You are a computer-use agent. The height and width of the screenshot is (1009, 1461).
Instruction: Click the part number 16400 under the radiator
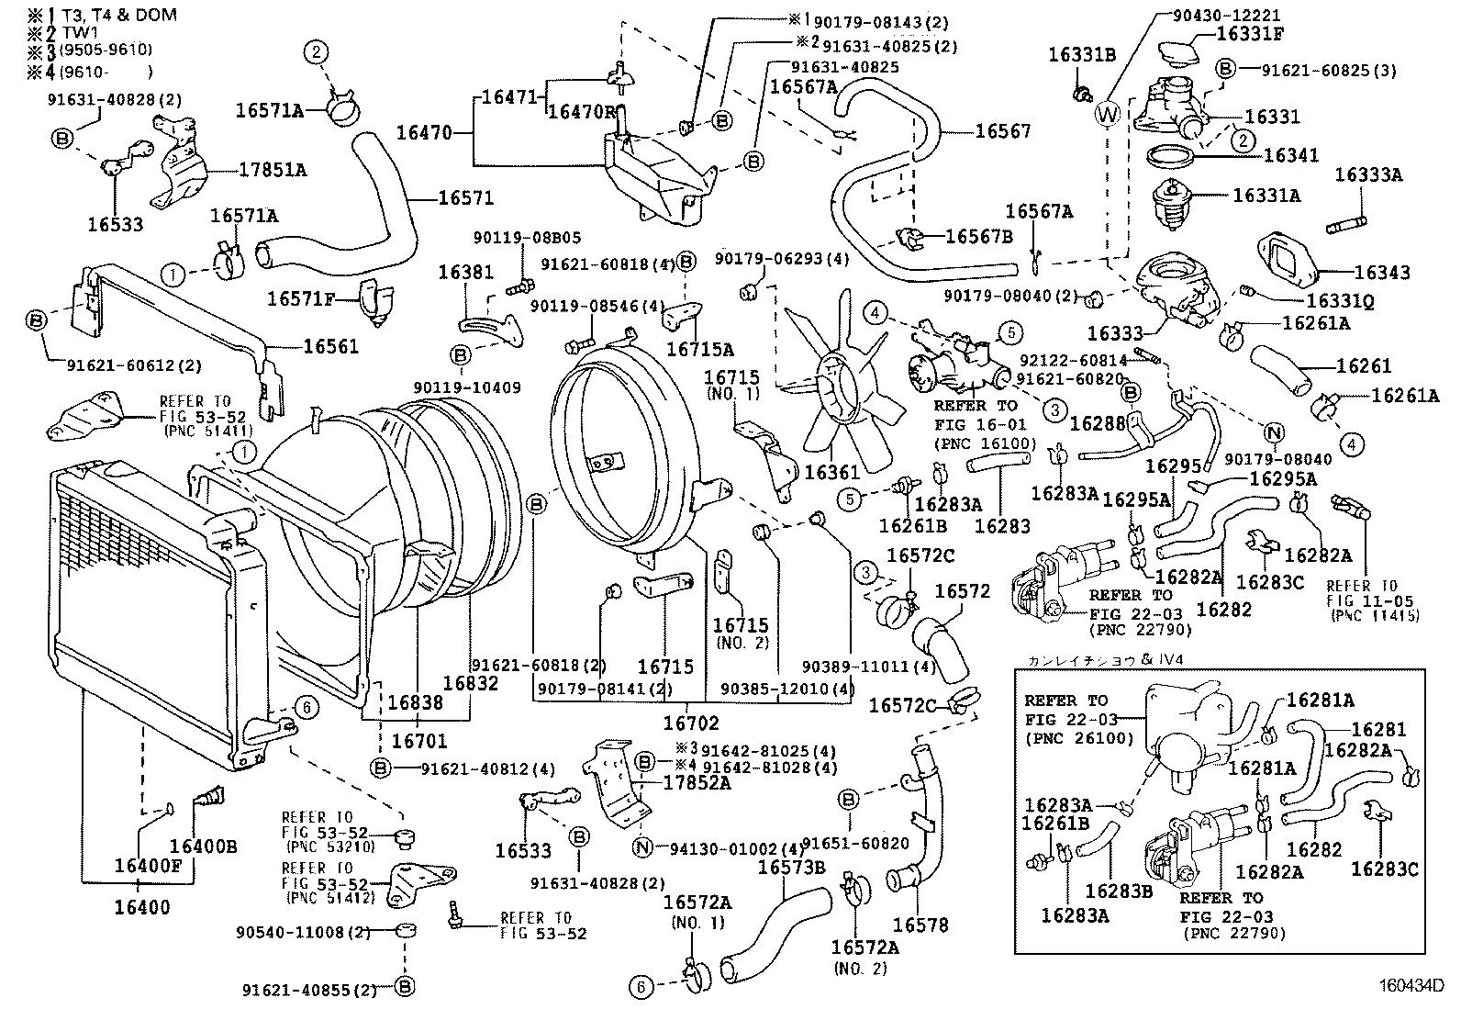(x=142, y=908)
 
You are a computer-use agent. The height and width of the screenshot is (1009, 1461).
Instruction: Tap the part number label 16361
(x=832, y=472)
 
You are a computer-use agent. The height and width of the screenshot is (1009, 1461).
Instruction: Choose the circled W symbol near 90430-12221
(x=1108, y=114)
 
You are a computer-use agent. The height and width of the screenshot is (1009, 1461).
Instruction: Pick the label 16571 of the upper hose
(x=465, y=197)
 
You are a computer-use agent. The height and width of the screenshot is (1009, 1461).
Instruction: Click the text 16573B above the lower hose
(x=792, y=866)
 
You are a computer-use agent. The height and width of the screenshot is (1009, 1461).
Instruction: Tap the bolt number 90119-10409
(x=467, y=388)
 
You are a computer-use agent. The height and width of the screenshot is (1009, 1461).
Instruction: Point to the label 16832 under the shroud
(x=470, y=683)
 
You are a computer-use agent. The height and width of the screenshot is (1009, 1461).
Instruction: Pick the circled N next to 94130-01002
(x=642, y=847)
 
